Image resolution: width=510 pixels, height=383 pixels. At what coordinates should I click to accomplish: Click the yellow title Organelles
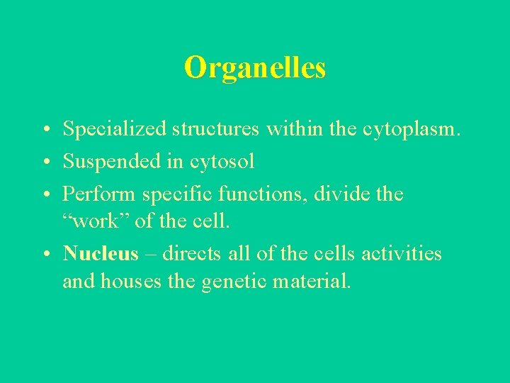(255, 68)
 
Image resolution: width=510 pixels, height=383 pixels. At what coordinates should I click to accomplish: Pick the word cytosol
(222, 162)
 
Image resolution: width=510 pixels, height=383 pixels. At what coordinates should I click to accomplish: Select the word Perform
(99, 194)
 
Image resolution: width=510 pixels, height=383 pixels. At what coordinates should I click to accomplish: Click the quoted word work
(95, 221)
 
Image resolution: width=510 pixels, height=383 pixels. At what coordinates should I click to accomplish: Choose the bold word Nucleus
(100, 253)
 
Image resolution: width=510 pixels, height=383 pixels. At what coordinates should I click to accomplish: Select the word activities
(402, 253)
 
